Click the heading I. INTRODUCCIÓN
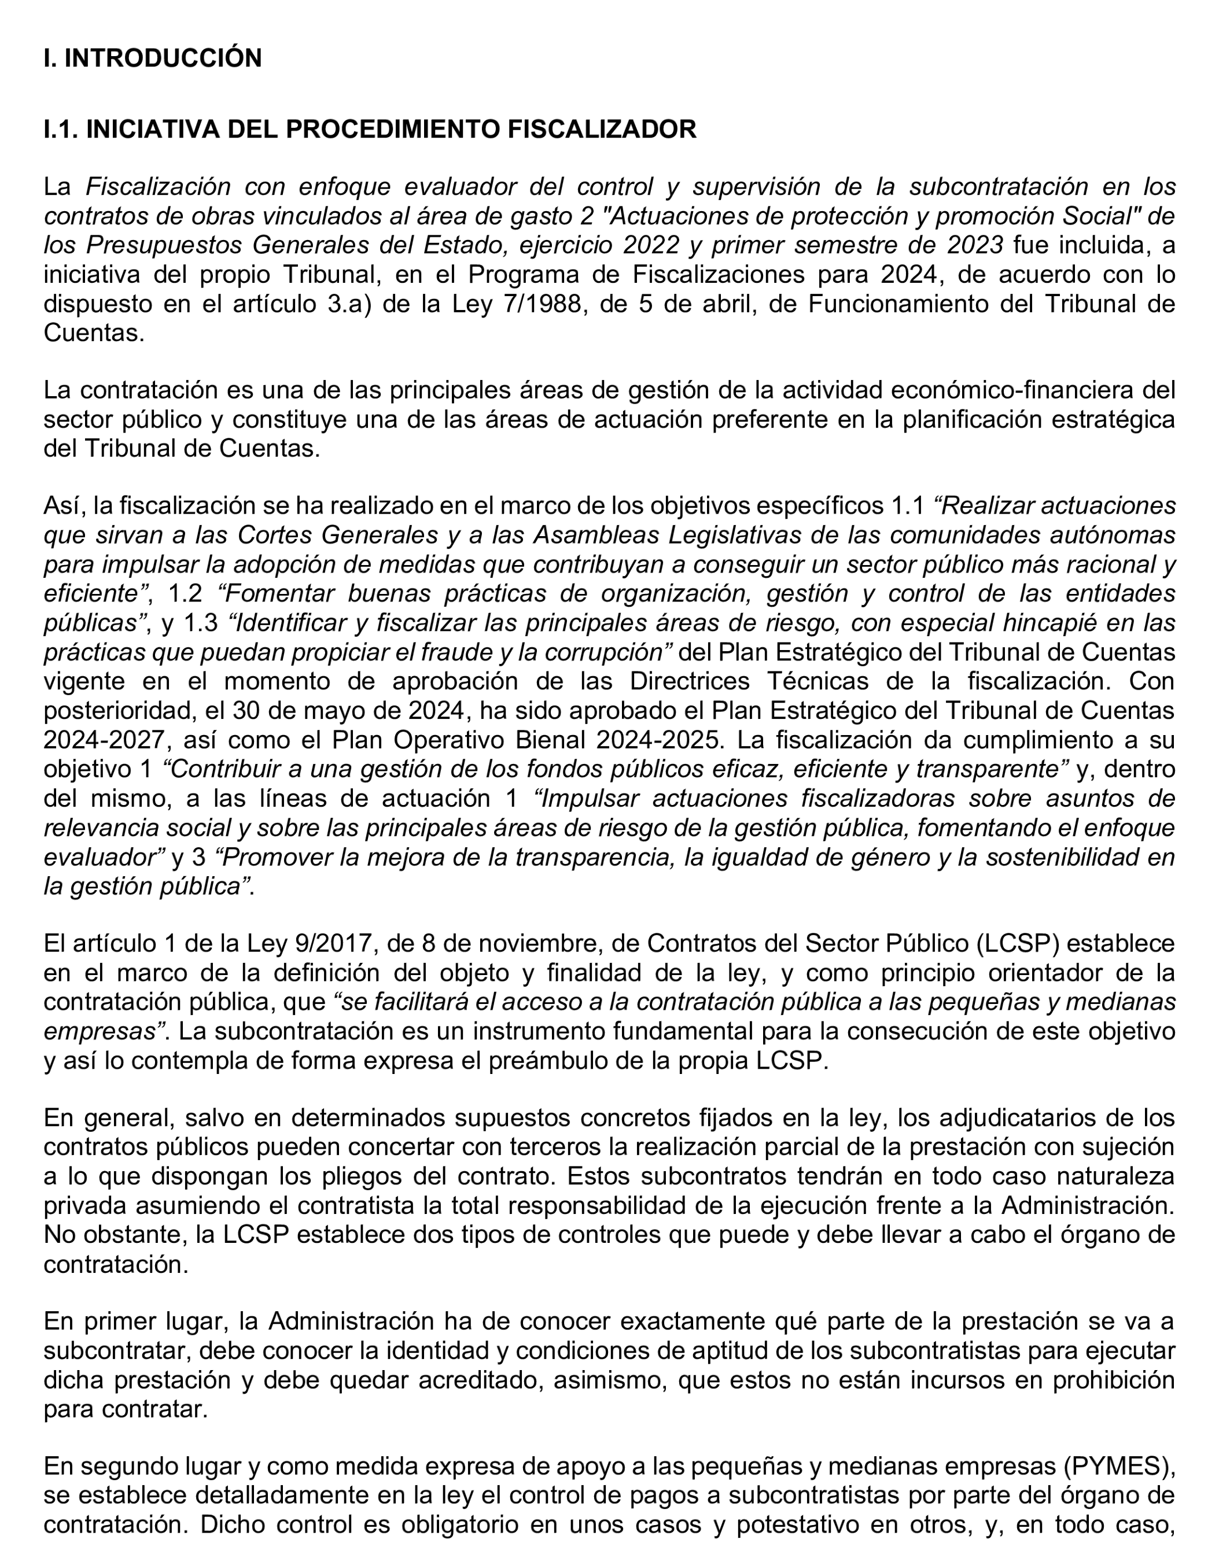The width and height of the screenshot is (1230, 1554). click(x=153, y=58)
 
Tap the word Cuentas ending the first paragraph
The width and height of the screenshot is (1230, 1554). click(x=94, y=333)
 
